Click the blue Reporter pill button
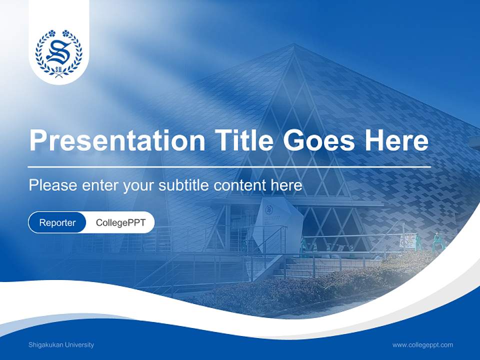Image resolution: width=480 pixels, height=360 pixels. coord(57,222)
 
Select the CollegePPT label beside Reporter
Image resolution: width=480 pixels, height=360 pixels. coord(120,222)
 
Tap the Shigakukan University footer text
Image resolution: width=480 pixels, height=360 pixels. coord(61,345)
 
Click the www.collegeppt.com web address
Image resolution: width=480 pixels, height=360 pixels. coord(422,345)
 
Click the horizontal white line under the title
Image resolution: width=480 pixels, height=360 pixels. coord(229,166)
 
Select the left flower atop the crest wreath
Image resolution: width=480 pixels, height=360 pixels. coord(51,33)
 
